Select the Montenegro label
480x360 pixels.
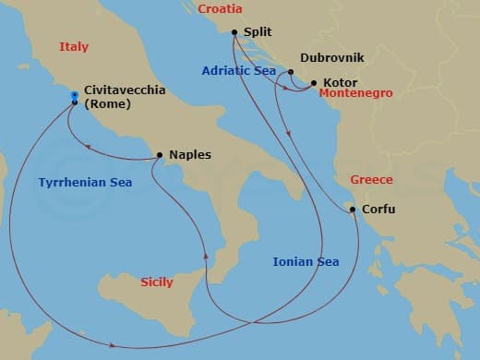pos(355,93)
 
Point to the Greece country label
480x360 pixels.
pos(371,179)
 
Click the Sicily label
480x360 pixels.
pos(156,282)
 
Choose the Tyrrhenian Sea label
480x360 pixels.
pos(85,183)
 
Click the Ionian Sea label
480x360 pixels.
pos(306,261)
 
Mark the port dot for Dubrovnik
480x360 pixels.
pos(291,72)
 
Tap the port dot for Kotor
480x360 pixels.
pos(313,83)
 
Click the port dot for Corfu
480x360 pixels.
pos(353,210)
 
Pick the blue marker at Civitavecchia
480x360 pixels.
pos(74,95)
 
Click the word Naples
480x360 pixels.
pos(189,155)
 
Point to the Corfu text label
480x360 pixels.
pos(378,210)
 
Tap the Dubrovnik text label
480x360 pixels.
pos(332,57)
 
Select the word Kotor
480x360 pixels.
pos(340,82)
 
